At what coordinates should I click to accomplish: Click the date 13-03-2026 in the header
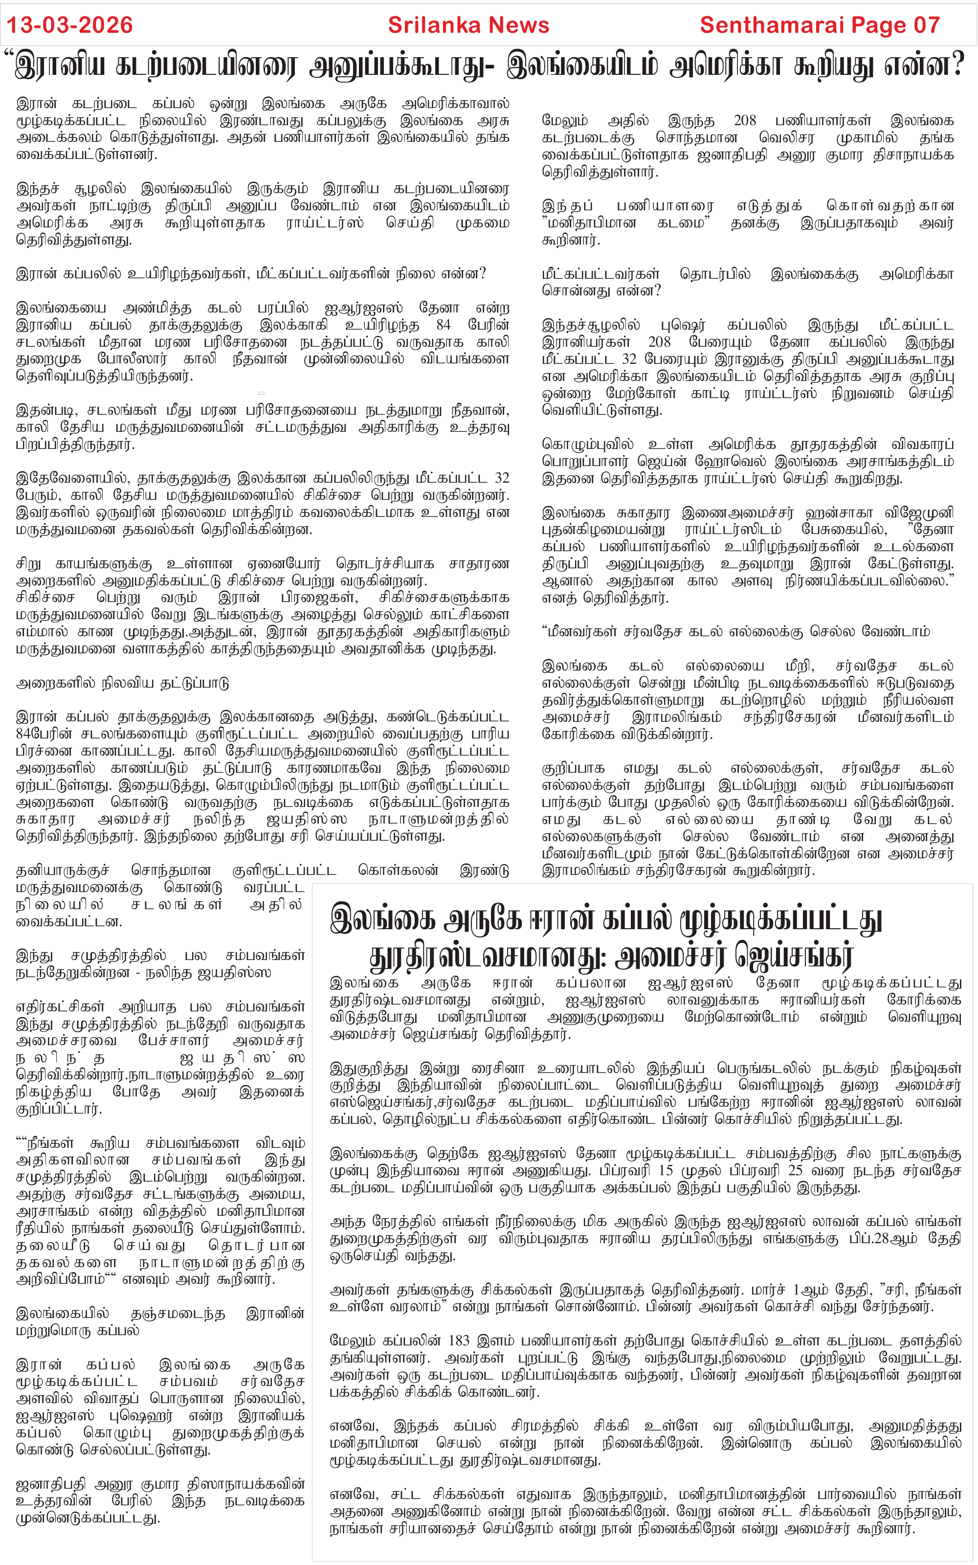pyautogui.click(x=69, y=25)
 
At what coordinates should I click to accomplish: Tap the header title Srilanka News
pyautogui.click(x=468, y=25)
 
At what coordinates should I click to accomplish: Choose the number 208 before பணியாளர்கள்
pyautogui.click(x=744, y=121)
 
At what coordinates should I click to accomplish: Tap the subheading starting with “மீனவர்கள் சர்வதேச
pyautogui.click(x=735, y=631)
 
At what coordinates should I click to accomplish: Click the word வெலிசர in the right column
pyautogui.click(x=788, y=138)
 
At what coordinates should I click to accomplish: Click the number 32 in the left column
pyautogui.click(x=501, y=478)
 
